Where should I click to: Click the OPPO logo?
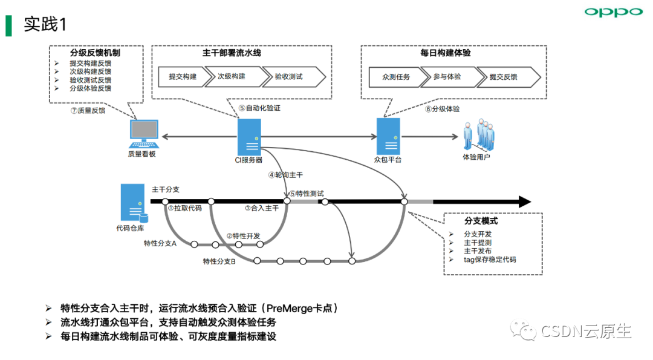coord(613,12)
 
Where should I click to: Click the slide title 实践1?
coord(45,24)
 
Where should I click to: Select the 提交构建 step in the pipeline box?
coord(182,77)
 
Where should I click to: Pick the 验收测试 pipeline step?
coord(288,77)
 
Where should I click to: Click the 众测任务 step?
coord(396,77)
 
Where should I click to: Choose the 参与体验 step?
coord(447,77)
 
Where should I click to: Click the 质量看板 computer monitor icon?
coord(144,134)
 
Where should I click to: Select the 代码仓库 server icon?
coord(133,203)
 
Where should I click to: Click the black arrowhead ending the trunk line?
coord(524,201)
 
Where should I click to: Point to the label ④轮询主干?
coord(285,175)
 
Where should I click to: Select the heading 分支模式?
coord(481,221)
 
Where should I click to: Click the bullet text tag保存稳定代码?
coord(490,260)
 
